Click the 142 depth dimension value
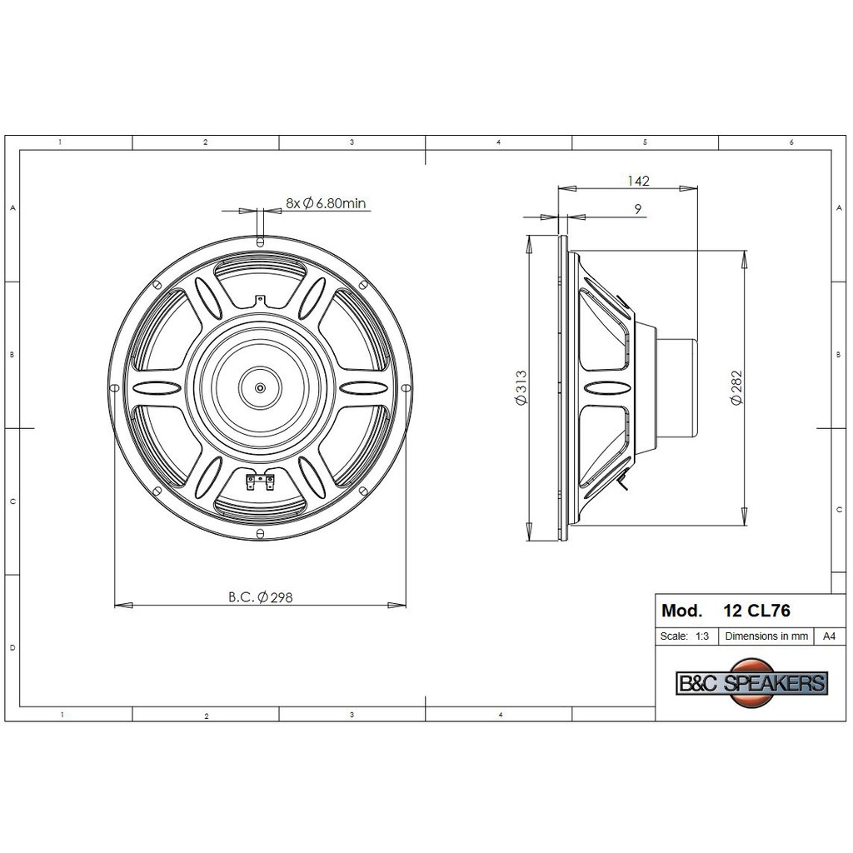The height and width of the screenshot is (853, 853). (639, 181)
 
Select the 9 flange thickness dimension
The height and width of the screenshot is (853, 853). (638, 208)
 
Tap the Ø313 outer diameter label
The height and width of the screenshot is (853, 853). (521, 387)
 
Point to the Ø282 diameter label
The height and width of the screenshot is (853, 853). (736, 387)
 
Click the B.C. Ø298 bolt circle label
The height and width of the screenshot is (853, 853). (261, 597)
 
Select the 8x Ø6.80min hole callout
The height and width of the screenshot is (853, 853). (326, 203)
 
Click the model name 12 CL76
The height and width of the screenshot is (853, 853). (756, 611)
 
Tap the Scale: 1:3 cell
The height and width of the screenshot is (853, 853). (685, 636)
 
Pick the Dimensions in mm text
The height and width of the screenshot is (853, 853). (766, 636)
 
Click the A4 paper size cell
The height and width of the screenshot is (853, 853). (829, 636)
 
